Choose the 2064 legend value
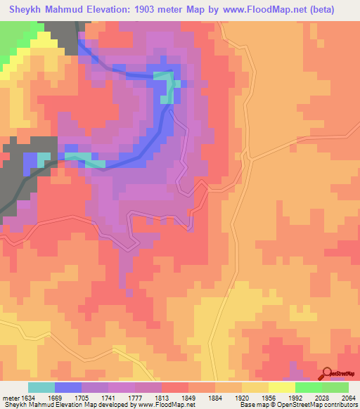point(347,396)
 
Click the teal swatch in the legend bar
point(41,387)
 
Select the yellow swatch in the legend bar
point(282,387)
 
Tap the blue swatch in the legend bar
point(68,387)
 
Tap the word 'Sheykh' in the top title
point(25,9)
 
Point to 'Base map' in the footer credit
point(254,405)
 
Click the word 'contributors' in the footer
point(339,405)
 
